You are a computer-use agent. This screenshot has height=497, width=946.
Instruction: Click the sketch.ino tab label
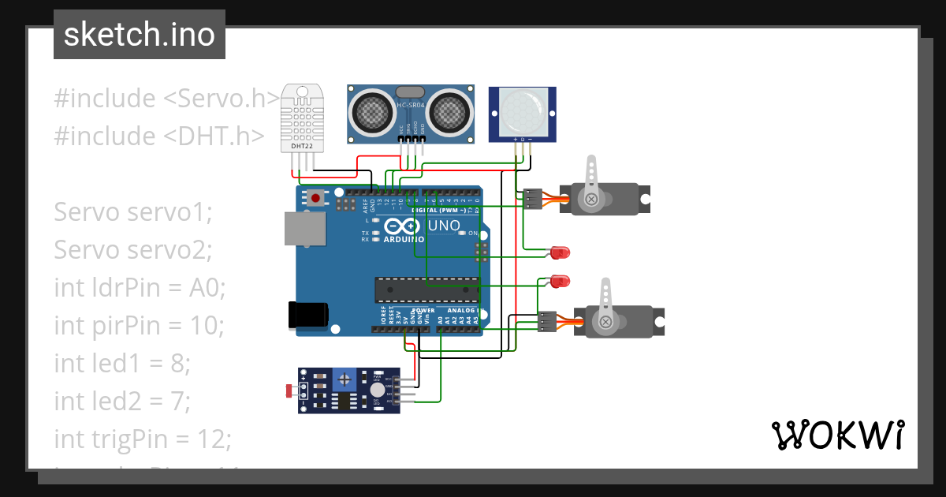pos(139,35)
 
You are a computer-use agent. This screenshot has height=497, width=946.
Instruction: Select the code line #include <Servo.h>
pos(166,99)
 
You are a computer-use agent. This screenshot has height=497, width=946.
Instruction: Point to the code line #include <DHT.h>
pos(158,136)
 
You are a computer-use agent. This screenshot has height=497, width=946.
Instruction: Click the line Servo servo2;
pos(133,250)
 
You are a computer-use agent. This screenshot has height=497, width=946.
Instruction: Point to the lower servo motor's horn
pos(605,305)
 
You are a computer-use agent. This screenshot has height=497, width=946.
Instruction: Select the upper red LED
pos(561,252)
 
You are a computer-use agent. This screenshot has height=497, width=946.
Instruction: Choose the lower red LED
pos(561,281)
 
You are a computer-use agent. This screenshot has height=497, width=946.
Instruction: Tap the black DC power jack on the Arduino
pos(307,314)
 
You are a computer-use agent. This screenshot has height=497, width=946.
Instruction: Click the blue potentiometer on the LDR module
pos(345,379)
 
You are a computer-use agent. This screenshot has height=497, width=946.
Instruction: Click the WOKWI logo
pos(837,435)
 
